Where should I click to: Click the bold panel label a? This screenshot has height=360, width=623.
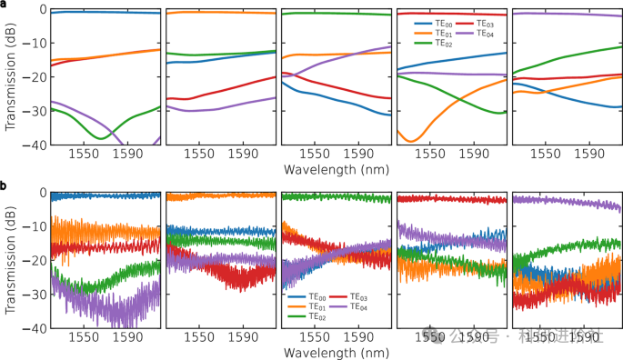point(5,5)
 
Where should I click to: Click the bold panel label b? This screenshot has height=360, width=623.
point(5,186)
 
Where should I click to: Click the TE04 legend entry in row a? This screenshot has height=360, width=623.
point(482,33)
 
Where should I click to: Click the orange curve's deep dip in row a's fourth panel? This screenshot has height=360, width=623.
point(410,141)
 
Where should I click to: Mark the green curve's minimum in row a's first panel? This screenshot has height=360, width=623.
point(99,138)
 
